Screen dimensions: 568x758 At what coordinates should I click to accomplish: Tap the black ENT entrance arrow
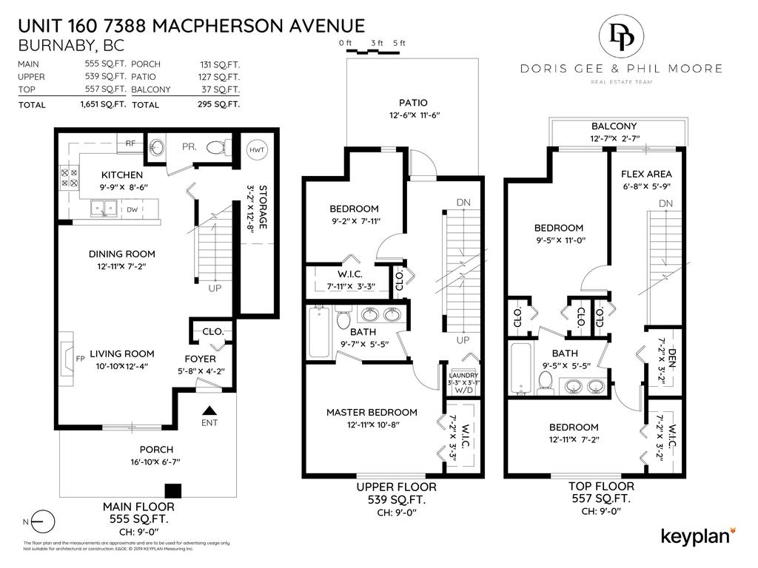pyautogui.click(x=209, y=410)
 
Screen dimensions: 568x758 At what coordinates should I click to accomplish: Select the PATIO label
pyautogui.click(x=413, y=103)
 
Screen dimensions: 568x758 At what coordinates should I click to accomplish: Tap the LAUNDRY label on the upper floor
pyautogui.click(x=463, y=376)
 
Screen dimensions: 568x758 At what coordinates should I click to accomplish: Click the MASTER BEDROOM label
pyautogui.click(x=372, y=412)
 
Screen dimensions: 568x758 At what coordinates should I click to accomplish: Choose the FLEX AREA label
pyautogui.click(x=646, y=175)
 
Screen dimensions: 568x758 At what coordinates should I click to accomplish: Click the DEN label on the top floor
pyautogui.click(x=672, y=359)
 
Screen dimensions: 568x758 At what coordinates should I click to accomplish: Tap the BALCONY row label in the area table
pyautogui.click(x=151, y=89)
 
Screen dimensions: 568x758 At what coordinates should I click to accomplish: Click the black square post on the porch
pyautogui.click(x=172, y=490)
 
